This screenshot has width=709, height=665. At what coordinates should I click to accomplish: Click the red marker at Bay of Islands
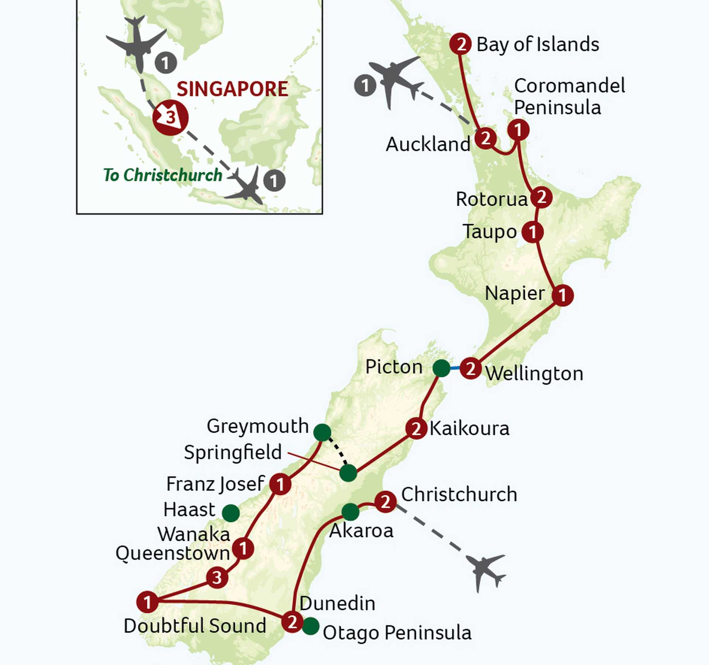(x=460, y=44)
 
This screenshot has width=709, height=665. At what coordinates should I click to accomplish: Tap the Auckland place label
(x=428, y=144)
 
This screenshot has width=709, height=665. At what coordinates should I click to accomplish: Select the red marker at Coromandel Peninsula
(x=518, y=130)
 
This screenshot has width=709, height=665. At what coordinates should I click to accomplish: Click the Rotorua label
(x=491, y=199)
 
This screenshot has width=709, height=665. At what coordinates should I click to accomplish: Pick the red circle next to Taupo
(x=532, y=232)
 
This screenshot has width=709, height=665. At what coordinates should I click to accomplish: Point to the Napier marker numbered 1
(x=562, y=295)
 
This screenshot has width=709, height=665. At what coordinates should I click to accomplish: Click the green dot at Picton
(x=441, y=368)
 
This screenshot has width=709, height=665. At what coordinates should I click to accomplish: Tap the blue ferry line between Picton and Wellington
(x=455, y=368)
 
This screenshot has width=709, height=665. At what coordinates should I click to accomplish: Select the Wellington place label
(x=534, y=374)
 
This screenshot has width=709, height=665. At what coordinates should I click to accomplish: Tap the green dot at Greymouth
(x=322, y=432)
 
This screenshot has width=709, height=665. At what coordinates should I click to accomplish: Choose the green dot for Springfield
(x=348, y=473)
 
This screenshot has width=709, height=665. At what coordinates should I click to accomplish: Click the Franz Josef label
(x=215, y=484)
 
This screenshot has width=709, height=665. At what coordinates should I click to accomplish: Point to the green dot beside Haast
(x=231, y=513)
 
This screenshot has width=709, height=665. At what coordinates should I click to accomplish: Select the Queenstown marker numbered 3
(x=217, y=577)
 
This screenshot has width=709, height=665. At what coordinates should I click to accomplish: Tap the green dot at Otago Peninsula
(x=311, y=626)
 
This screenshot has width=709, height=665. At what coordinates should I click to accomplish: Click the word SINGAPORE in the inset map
(x=232, y=89)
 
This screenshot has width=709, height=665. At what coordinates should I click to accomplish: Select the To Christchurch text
(x=163, y=175)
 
